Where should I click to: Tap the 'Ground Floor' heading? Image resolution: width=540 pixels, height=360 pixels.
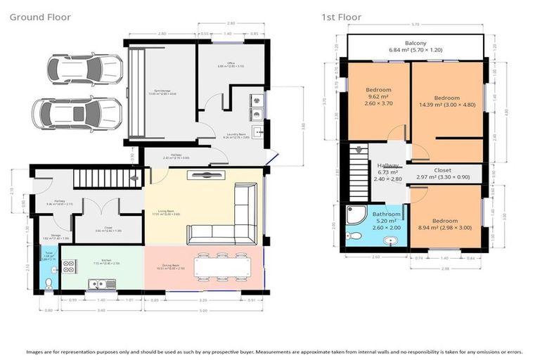click(40, 17)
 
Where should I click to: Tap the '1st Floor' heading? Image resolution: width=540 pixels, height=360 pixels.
click(342, 17)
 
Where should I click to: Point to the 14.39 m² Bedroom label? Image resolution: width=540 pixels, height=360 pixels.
click(447, 102)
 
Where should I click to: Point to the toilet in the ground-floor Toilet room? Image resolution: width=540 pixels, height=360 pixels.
click(48, 283)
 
